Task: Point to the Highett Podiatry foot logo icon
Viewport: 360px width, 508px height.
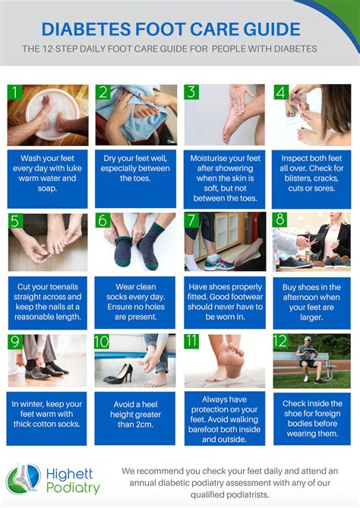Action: tap(23, 479)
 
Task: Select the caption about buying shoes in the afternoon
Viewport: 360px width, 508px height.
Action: tap(311, 303)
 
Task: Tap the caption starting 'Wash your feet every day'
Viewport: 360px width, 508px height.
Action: tap(47, 173)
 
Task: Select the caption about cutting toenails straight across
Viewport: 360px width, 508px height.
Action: tap(47, 302)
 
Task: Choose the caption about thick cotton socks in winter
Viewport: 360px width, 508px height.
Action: tap(47, 414)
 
